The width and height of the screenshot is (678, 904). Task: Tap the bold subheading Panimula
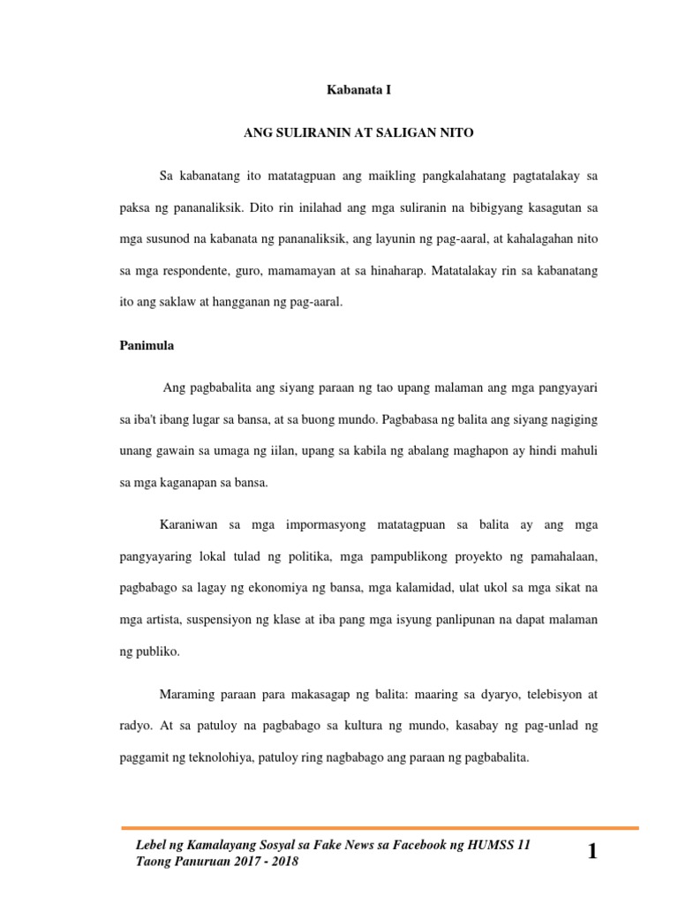tap(147, 346)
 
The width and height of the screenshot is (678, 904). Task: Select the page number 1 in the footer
tap(591, 852)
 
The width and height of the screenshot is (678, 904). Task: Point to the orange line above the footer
tap(379, 828)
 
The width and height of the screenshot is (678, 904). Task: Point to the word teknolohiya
tap(220, 757)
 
